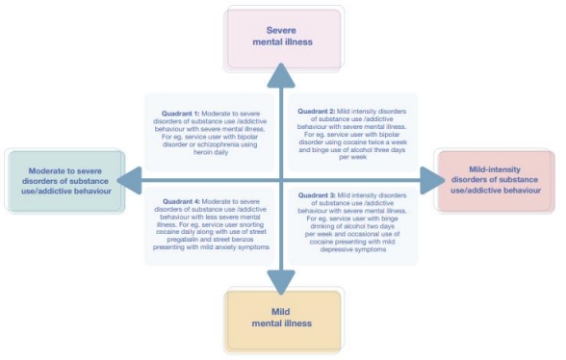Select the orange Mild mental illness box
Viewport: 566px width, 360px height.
283,318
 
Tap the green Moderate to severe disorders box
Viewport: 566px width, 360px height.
64,178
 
